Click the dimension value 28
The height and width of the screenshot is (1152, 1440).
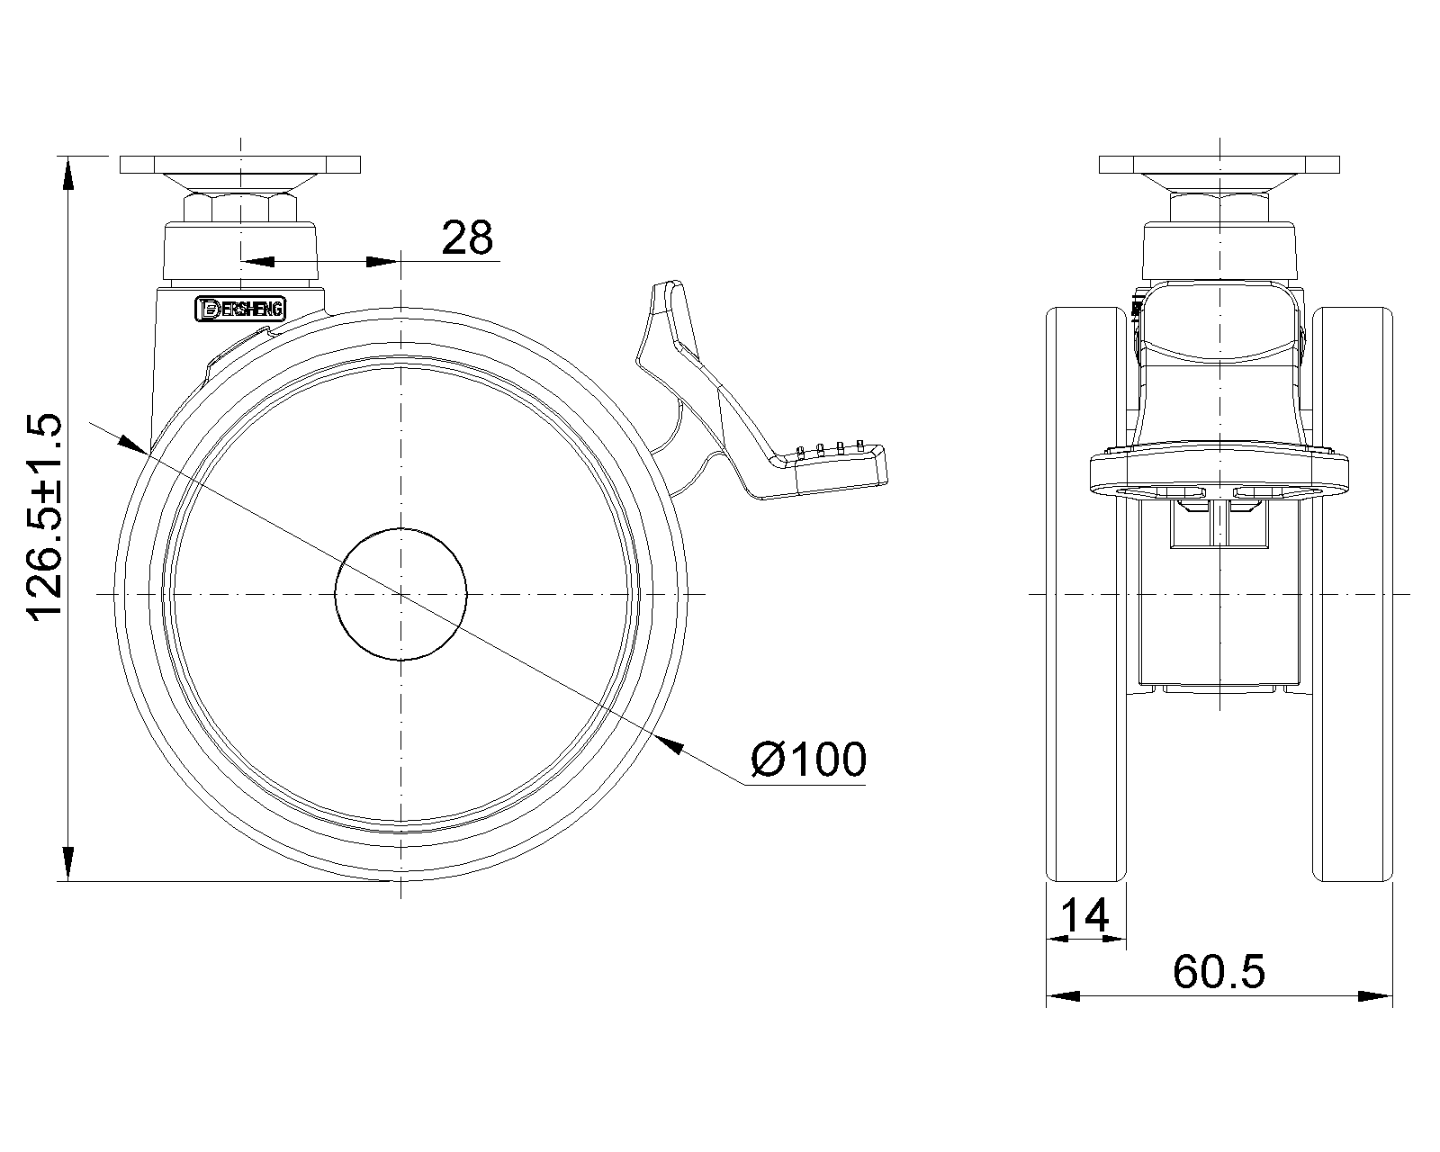coord(467,238)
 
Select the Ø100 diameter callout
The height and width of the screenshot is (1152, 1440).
coord(808,760)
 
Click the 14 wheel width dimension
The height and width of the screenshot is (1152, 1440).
coord(1084,915)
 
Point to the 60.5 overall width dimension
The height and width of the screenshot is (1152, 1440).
coord(1219,972)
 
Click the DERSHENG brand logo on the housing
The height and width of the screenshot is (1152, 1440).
coord(240,309)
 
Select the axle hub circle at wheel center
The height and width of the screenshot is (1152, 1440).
coord(400,594)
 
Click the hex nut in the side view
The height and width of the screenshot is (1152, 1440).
coord(240,208)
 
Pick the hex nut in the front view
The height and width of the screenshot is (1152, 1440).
coord(1219,208)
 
